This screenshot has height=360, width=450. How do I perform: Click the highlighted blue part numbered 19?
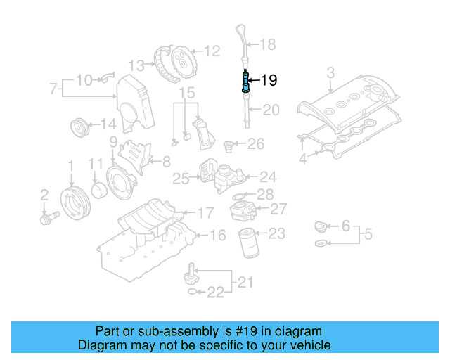click(245, 83)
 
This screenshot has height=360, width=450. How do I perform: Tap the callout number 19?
click(269, 81)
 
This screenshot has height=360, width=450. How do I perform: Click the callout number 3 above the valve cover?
click(330, 72)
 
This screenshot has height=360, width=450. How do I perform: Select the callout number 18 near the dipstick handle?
click(268, 45)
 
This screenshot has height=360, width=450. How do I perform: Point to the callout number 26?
click(255, 144)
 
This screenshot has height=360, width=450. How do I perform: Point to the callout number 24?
click(268, 176)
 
